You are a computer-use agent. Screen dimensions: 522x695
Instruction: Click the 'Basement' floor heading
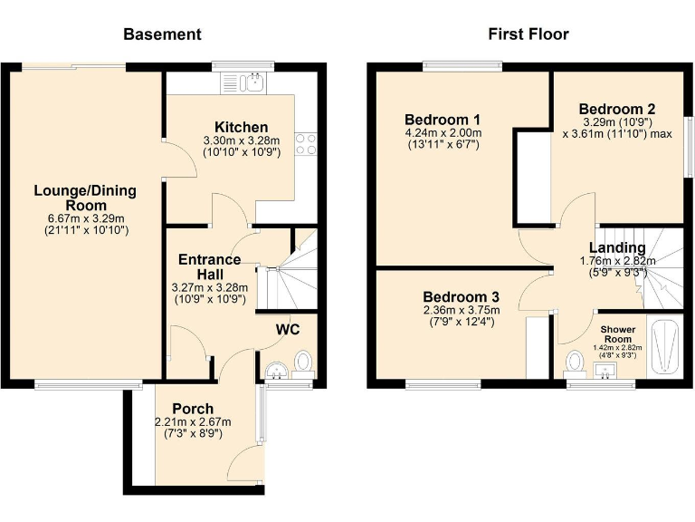click(x=162, y=34)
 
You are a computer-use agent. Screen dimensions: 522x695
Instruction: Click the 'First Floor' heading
click(x=528, y=34)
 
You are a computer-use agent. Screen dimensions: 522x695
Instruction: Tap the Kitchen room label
click(x=241, y=127)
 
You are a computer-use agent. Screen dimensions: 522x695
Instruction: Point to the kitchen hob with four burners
click(x=306, y=143)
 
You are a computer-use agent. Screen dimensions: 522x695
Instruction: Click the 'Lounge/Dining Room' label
click(x=85, y=198)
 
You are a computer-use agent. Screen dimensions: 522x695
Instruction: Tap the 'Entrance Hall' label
click(x=209, y=266)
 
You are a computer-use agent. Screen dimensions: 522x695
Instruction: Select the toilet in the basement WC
click(x=303, y=363)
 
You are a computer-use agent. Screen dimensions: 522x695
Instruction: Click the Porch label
click(x=194, y=408)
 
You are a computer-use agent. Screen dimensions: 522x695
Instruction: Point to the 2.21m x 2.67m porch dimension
click(x=194, y=421)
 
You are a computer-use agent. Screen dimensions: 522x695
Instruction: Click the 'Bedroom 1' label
click(x=443, y=120)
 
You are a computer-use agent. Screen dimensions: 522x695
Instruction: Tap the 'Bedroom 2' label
click(x=616, y=108)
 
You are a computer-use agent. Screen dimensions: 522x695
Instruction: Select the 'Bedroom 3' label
click(x=461, y=295)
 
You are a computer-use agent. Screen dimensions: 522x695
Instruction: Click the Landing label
click(x=617, y=247)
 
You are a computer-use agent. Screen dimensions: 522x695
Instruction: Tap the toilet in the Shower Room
click(x=574, y=362)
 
